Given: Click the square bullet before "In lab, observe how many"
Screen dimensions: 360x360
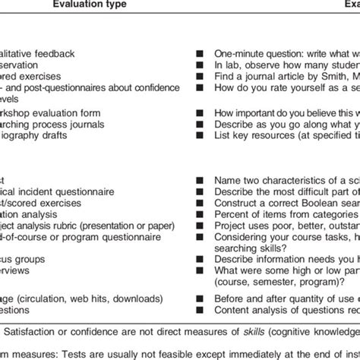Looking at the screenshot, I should pyautogui.click(x=199, y=65).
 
